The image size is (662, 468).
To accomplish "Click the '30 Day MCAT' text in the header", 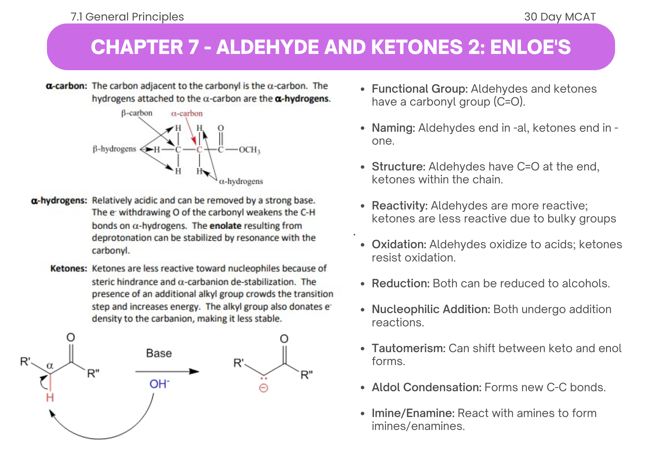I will (560, 17).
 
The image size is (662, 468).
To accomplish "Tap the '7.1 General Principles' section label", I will (127, 17).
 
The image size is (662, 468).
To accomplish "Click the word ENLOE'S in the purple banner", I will (530, 47).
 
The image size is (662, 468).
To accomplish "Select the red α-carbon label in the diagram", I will (187, 114).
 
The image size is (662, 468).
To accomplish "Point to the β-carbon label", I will (137, 113).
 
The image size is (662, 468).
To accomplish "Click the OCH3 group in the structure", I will (250, 150).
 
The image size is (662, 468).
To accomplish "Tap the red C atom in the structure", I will (199, 150).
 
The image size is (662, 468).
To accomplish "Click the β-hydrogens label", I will (115, 149).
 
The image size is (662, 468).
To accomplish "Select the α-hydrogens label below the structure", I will (241, 181).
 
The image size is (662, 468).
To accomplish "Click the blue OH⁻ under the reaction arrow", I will (159, 384).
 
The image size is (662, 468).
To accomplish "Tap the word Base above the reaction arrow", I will (159, 353).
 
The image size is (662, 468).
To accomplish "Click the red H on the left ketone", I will (50, 398).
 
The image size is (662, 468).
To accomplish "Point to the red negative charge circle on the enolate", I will (263, 388).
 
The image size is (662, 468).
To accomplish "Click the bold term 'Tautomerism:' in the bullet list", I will (408, 348).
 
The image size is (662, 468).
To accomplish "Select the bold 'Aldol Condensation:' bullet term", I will (426, 387).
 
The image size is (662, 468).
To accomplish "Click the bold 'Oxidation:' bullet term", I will (399, 244).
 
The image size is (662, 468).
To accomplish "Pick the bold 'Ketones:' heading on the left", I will (69, 268).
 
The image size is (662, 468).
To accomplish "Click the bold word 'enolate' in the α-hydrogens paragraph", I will (225, 226).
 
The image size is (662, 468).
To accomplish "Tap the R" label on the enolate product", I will (306, 375).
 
